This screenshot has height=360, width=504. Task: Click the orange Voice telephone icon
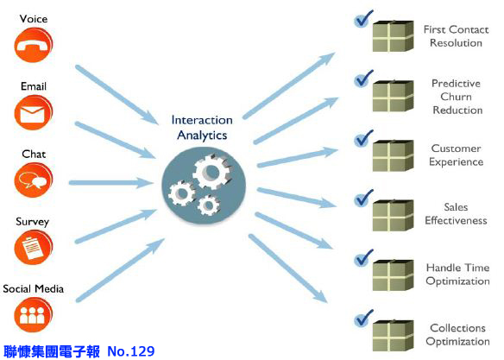[x=33, y=45]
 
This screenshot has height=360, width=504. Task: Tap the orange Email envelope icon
[x=33, y=112]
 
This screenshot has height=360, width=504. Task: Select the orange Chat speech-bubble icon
[x=33, y=180]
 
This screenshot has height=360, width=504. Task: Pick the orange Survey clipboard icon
[x=33, y=248]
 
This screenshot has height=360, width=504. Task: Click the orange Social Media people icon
[x=33, y=315]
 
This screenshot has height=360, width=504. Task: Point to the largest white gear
[x=211, y=172]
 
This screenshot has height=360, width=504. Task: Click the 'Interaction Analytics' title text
[x=202, y=128]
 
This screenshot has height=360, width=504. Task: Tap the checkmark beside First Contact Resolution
[x=363, y=19]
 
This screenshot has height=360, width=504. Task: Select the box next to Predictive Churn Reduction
[x=394, y=96]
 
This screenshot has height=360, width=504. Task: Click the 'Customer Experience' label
[x=457, y=155]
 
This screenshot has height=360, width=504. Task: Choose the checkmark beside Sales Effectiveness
[x=363, y=198]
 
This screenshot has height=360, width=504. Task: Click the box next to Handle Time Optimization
[x=394, y=275]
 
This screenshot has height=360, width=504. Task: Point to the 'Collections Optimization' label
[x=457, y=334]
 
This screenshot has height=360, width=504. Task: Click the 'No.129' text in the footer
[x=131, y=351]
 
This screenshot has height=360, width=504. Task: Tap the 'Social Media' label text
[x=33, y=288]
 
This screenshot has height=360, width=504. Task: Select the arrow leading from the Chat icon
[x=111, y=183]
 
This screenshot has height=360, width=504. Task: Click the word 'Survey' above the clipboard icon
[x=33, y=222]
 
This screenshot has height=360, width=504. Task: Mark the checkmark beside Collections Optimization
[x=363, y=319]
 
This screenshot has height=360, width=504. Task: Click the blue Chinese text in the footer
[x=52, y=351]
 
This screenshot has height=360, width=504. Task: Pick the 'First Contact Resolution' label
[x=457, y=36]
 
